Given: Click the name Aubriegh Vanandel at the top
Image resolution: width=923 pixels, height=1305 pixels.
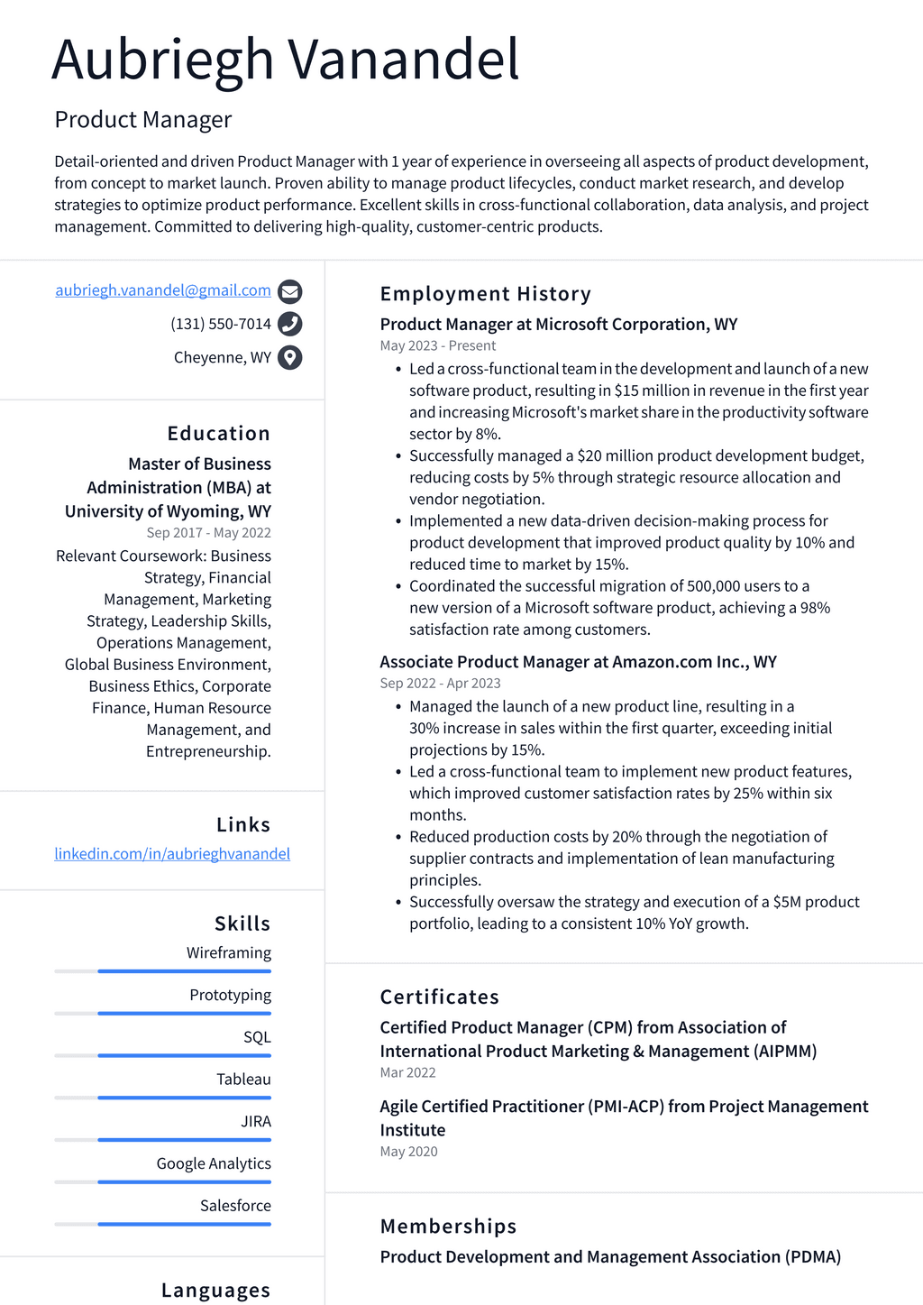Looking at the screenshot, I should coord(285,60).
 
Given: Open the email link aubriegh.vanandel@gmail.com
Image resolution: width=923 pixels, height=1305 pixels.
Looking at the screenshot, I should coord(163,290).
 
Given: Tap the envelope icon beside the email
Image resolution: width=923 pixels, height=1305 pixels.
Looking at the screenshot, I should coord(289,291).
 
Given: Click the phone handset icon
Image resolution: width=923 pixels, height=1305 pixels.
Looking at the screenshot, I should coord(289,324).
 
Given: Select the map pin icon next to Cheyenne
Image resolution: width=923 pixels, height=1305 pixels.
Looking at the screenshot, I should coord(289,358).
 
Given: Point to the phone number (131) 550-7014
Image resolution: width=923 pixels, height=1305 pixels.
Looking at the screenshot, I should coord(221,324).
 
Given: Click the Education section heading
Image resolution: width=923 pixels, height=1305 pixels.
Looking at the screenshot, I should coord(218,434).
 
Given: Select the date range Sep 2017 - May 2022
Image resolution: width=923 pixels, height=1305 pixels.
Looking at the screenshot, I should coord(208,533).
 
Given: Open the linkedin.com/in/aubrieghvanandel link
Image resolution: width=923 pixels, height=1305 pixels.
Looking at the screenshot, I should coord(172,854).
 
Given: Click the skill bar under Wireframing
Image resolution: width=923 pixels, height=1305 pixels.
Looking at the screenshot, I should coord(163,971).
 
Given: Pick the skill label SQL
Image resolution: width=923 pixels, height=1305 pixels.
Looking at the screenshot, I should coord(257,1037).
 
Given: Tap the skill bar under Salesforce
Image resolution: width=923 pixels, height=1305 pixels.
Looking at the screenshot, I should coord(163,1224).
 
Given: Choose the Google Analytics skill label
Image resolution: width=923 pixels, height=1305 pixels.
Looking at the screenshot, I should coord(214,1163).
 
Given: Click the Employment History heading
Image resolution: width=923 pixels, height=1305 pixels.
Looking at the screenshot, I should coord(485,294).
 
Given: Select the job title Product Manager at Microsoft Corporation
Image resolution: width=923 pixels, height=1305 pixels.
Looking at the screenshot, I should coord(558,325).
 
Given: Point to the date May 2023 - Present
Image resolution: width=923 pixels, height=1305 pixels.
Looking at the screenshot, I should coord(438,346).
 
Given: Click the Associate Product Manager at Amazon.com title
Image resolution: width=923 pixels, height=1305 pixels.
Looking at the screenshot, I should coord(578,662).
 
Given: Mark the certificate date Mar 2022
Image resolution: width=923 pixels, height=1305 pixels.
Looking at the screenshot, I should coord(407,1073).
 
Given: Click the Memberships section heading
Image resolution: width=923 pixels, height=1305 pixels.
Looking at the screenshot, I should coord(448,1227).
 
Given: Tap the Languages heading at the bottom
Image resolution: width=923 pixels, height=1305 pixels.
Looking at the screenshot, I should coord(215,1291).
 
